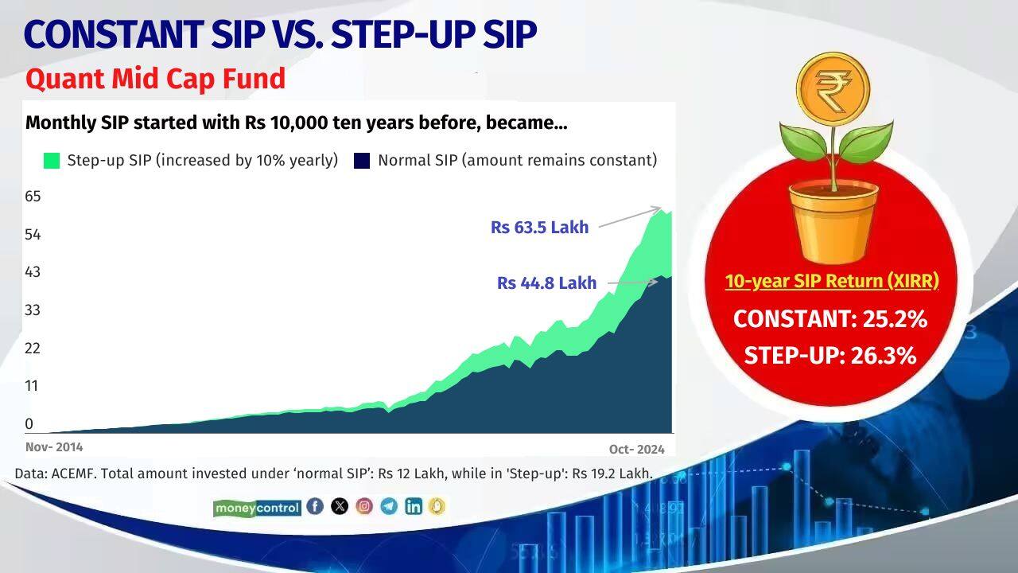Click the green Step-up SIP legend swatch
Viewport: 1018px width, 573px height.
pos(52,160)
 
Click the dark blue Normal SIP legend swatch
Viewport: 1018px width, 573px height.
pos(363,160)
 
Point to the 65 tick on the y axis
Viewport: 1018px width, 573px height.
pos(33,196)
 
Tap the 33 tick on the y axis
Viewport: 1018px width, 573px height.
pos(33,310)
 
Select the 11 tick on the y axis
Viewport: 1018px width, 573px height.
pos(33,385)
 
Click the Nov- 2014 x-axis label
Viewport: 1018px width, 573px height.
pos(54,447)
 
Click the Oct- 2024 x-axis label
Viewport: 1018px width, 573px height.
pos(637,449)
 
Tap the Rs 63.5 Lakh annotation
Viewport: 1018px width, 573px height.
pos(539,228)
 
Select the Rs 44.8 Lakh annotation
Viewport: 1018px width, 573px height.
pos(546,283)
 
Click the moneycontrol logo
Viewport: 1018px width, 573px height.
pos(257,507)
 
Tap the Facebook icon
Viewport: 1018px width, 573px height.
pos(315,506)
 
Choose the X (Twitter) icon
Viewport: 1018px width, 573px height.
pos(340,506)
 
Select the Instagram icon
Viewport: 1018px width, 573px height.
pos(364,506)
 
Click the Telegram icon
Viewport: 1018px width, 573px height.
pos(389,506)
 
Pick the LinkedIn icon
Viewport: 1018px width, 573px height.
pos(414,506)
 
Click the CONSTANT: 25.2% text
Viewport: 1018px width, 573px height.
pos(830,319)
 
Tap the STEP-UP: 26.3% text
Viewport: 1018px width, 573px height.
pos(830,355)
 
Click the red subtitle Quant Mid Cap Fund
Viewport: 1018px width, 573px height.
pos(155,79)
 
